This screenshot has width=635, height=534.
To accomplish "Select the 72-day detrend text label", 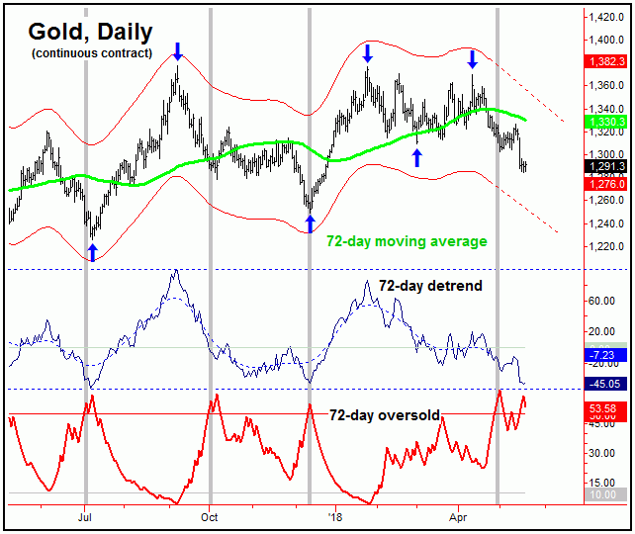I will click(430, 285).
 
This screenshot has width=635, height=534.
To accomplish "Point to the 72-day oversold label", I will click(385, 415).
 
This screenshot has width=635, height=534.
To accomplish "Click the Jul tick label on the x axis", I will click(85, 516).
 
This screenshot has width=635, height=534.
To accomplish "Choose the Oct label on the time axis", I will click(210, 516).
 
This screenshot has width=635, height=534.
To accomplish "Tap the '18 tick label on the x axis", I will click(335, 516).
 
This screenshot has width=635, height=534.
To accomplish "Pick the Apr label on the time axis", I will click(459, 516).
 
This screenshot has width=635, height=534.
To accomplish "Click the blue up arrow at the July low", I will click(92, 252).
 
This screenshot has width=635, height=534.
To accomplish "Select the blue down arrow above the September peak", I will click(177, 50).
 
